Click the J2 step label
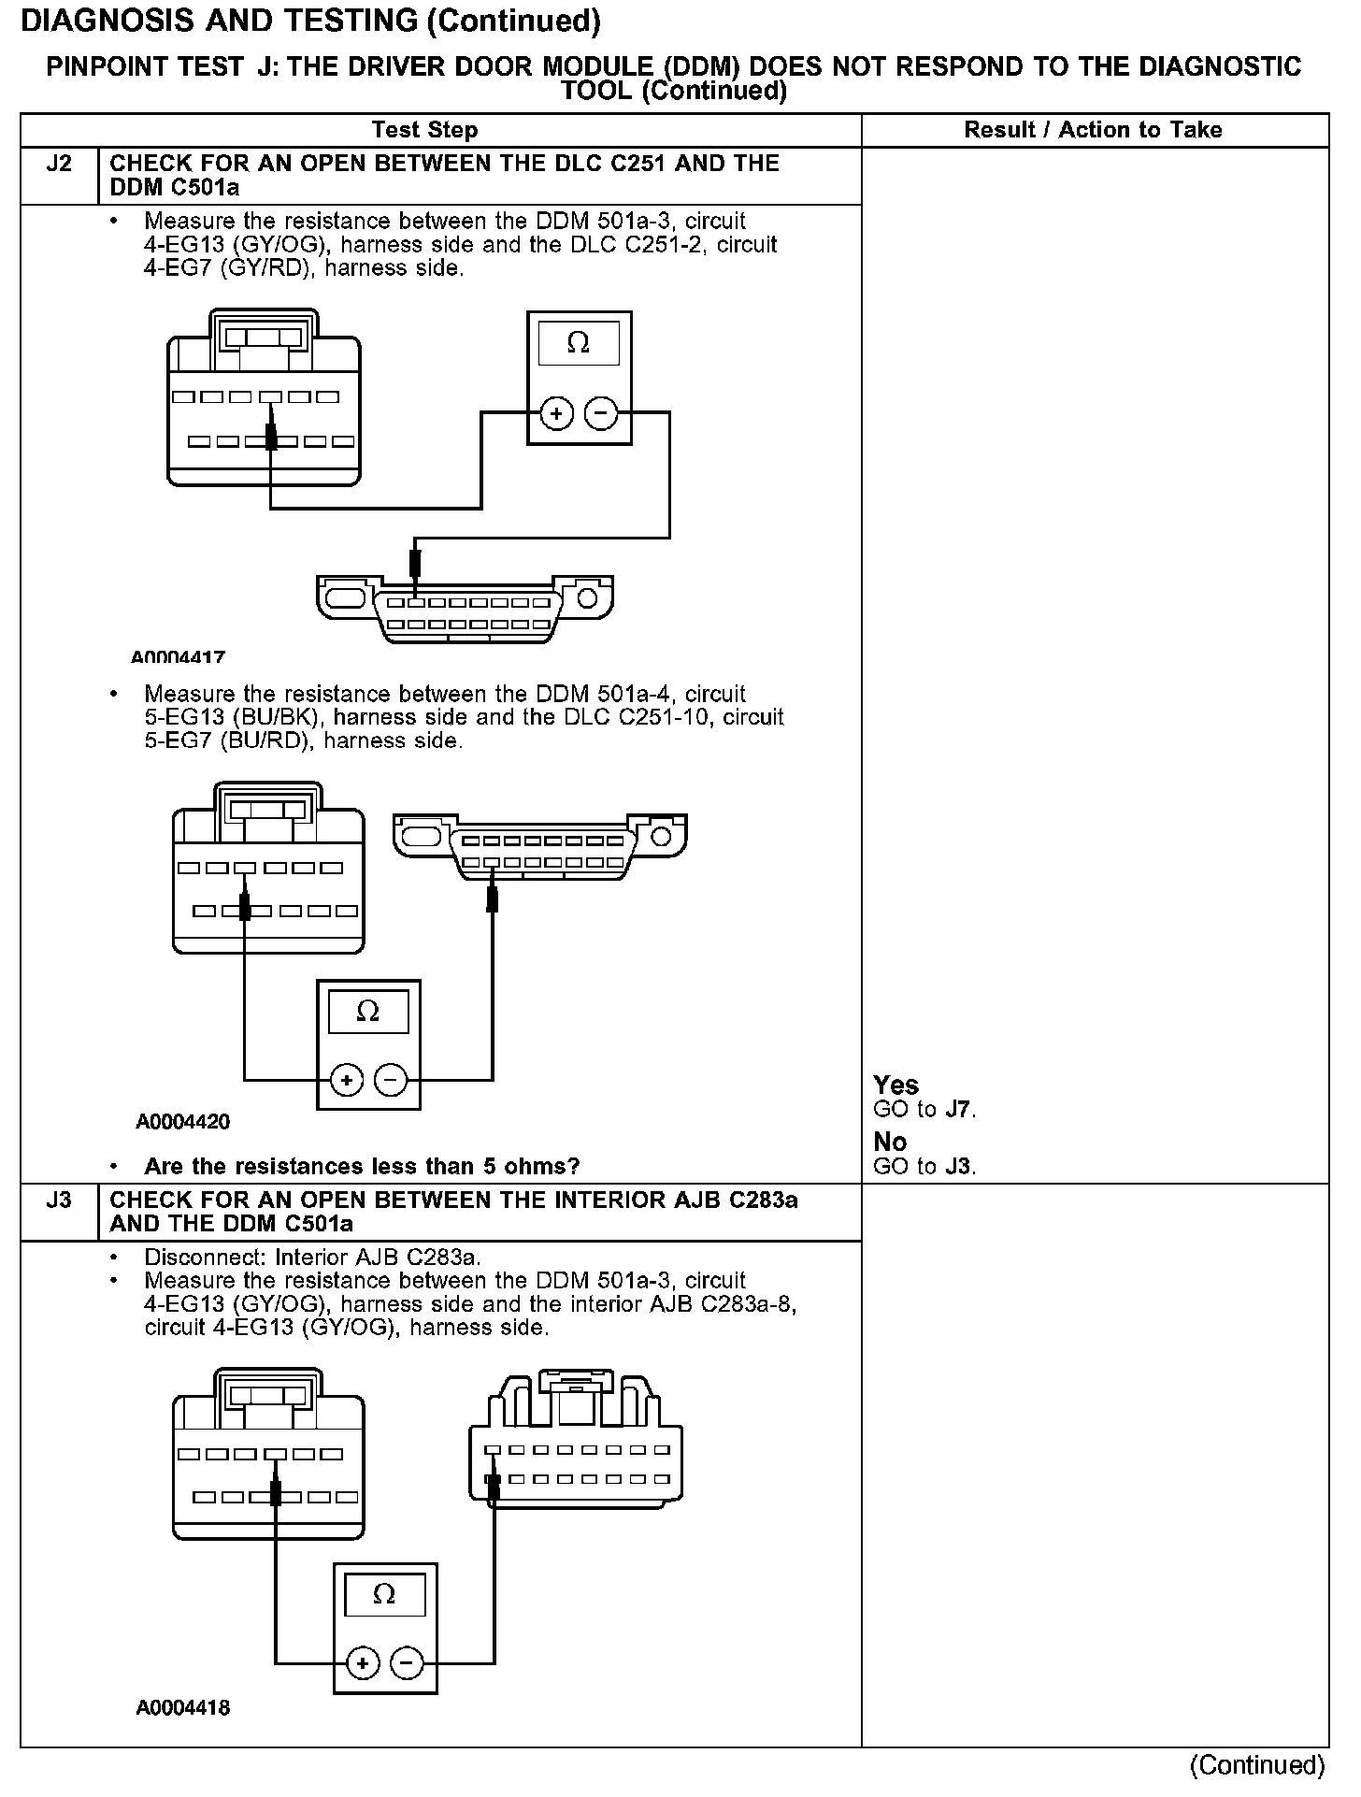pos(58,165)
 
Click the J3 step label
pos(58,1200)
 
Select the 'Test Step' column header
pos(424,130)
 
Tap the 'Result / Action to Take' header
pos(1093,130)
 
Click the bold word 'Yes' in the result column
pos(895,1085)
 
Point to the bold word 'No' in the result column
pos(890,1142)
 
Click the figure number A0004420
pos(183,1121)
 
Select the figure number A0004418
pos(183,1707)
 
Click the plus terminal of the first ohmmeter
pos(556,413)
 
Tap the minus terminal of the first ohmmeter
pos(601,413)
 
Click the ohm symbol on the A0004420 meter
pos(368,1012)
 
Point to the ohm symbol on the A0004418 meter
pos(384,1594)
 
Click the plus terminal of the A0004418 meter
pos(362,1663)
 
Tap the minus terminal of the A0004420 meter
pos(391,1081)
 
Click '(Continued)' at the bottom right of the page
pos(1257,1765)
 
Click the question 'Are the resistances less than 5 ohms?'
pos(362,1166)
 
